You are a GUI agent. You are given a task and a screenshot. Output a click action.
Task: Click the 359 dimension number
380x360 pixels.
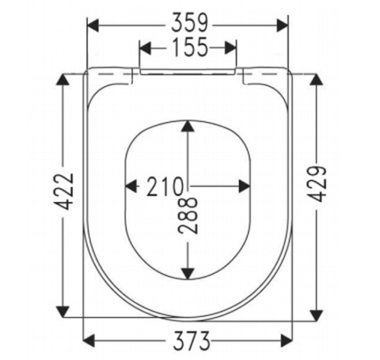pos(189,23)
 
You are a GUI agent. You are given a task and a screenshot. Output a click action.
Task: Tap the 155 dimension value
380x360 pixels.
pos(189,47)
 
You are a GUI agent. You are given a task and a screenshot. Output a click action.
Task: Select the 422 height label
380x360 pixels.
pos(64,191)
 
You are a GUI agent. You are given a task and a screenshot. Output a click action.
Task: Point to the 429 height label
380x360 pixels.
pos(318,184)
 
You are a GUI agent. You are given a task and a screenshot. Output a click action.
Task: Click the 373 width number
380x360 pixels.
pos(191,340)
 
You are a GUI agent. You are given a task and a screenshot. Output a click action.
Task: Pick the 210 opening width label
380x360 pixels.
pos(165,186)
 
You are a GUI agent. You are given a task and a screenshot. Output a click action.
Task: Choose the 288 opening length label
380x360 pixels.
pos(188,215)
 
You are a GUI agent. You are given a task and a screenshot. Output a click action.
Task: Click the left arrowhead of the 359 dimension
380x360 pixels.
pos(93,25)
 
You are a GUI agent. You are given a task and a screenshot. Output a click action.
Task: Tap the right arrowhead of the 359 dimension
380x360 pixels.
pos(282,25)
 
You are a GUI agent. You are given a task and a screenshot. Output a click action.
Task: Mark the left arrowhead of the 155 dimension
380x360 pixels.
pos(145,48)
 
